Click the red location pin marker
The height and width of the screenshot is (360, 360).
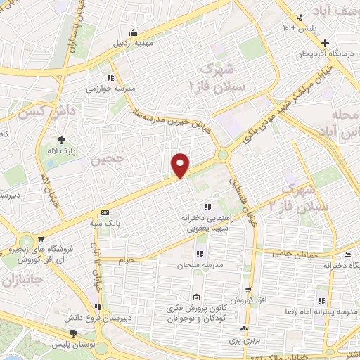181,165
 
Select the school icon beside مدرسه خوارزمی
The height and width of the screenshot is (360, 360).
110,78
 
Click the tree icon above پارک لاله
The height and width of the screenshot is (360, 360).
61,139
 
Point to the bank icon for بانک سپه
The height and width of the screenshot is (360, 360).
105,212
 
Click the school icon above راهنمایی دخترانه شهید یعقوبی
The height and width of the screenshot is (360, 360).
206,207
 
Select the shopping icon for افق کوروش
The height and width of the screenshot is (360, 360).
248,289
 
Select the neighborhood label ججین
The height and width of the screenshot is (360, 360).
105,160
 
